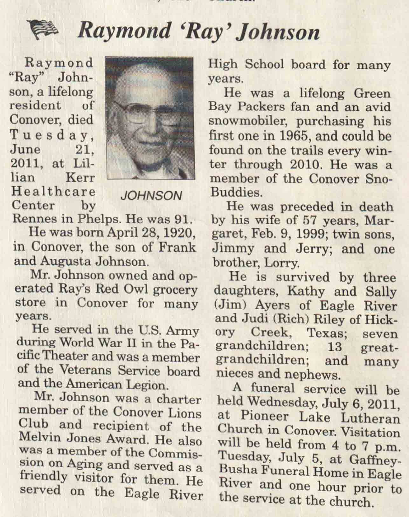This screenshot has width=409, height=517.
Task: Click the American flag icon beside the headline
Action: point(43,30)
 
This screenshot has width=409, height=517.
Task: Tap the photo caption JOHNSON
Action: point(151,196)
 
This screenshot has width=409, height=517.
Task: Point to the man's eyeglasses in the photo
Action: point(137,111)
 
